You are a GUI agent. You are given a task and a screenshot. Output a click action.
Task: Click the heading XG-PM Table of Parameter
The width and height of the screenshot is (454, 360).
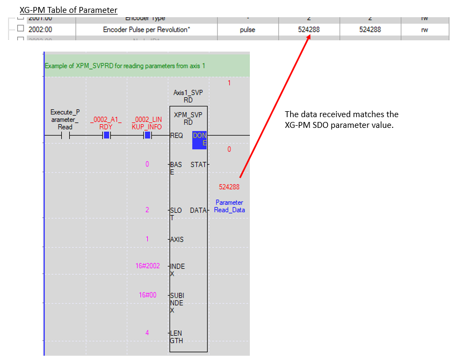pyautogui.click(x=68, y=10)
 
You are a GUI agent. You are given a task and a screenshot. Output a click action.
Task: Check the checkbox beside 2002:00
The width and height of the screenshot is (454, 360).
pyautogui.click(x=20, y=29)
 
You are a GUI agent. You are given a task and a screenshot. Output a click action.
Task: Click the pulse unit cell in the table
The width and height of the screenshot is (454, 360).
pyautogui.click(x=247, y=30)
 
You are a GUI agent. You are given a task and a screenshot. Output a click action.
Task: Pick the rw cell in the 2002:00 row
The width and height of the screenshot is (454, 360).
pyautogui.click(x=424, y=30)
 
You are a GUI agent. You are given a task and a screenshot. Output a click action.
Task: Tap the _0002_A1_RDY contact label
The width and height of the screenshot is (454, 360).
pyautogui.click(x=106, y=123)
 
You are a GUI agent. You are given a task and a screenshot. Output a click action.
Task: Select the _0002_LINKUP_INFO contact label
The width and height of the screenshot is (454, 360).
pyautogui.click(x=147, y=123)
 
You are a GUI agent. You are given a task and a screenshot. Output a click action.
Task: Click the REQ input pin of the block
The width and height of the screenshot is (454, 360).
pyautogui.click(x=176, y=136)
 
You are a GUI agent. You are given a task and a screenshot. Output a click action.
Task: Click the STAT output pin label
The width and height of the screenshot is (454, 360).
pyautogui.click(x=198, y=164)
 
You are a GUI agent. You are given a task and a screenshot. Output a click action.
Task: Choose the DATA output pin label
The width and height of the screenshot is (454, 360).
pyautogui.click(x=198, y=211)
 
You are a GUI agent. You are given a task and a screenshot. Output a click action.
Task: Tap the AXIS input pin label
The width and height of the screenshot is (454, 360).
pyautogui.click(x=177, y=240)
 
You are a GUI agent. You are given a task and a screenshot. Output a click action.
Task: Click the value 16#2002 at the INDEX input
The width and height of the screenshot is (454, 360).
pyautogui.click(x=147, y=266)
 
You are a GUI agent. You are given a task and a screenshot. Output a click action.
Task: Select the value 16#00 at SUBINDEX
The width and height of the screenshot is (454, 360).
pyautogui.click(x=147, y=295)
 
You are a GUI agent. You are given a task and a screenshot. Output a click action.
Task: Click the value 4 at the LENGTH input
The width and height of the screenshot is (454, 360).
pyautogui.click(x=147, y=333)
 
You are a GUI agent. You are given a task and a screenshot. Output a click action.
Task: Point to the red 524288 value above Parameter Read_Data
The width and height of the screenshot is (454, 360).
pyautogui.click(x=229, y=187)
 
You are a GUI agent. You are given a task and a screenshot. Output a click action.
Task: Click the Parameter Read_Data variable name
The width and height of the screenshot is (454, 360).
pyautogui.click(x=229, y=206)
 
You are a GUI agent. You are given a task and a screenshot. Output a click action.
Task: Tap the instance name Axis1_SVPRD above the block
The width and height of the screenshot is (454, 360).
pyautogui.click(x=188, y=96)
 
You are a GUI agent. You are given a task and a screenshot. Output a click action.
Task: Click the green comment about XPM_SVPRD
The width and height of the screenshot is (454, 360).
pyautogui.click(x=125, y=66)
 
